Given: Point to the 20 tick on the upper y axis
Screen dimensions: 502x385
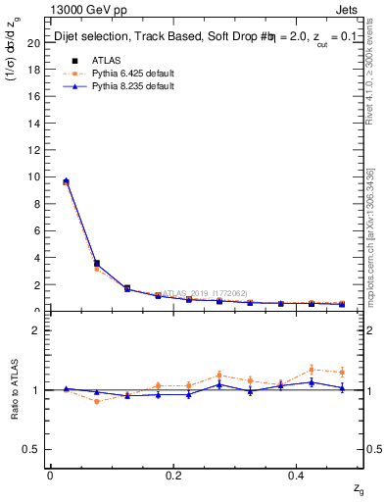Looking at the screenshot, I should tap(33, 43).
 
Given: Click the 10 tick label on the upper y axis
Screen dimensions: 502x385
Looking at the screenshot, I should tap(33, 177).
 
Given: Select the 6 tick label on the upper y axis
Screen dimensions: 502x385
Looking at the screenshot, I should tap(36, 231).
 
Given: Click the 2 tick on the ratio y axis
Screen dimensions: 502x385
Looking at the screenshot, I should tap(36, 330).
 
